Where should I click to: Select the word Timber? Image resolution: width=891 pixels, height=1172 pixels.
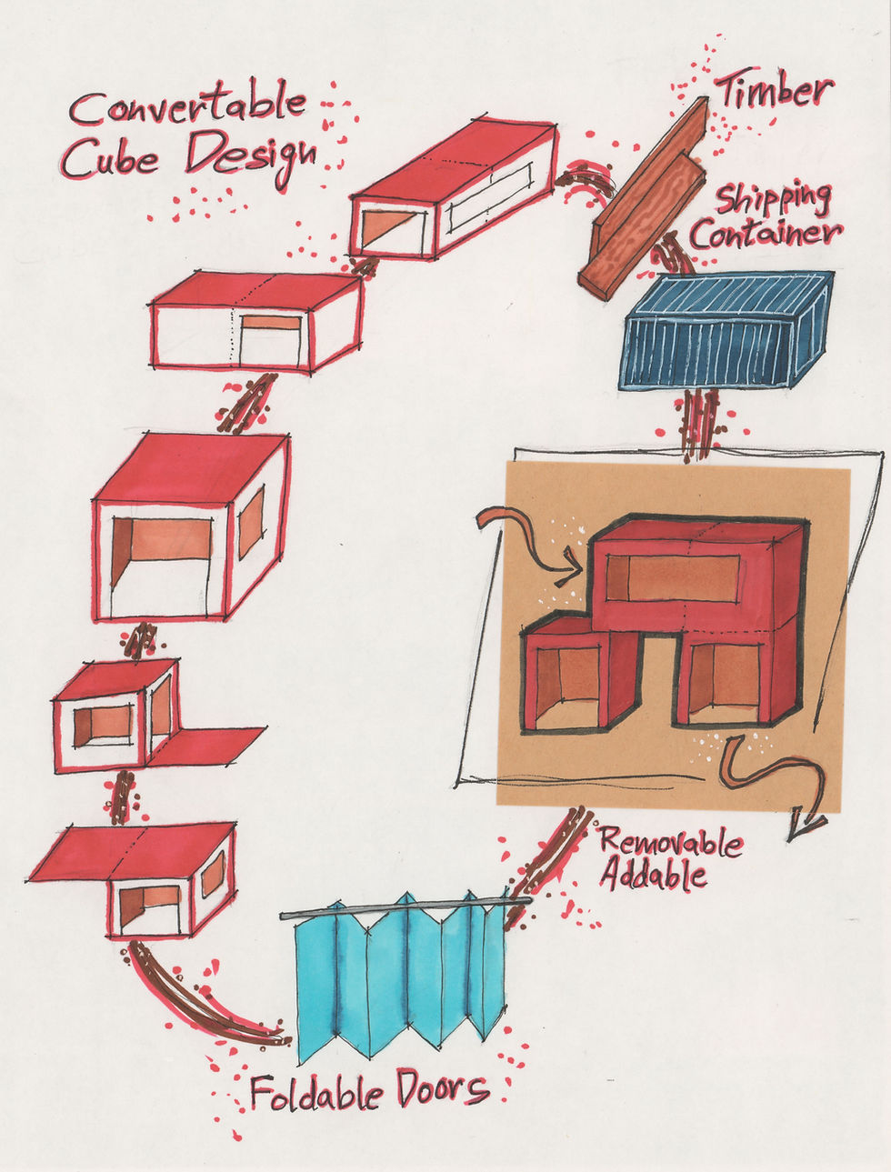click(x=773, y=90)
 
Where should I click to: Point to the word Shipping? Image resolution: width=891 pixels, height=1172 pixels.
click(x=773, y=201)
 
